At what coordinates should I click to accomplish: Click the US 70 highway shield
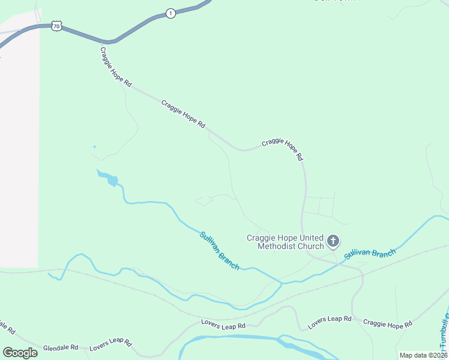coord(56,26)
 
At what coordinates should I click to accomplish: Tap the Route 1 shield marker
coord(171,13)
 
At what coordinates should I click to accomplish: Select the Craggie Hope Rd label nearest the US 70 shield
coord(115,68)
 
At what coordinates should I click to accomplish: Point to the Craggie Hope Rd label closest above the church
coord(282,150)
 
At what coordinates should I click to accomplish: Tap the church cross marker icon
coord(333,242)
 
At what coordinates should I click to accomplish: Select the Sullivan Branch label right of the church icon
coord(370,253)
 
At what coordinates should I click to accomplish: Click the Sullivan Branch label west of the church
coord(220,250)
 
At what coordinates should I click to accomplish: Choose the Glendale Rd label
coord(61,347)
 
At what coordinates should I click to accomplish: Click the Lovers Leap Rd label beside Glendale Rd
coord(110,344)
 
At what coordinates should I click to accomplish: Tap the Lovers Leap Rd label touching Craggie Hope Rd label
coord(330,322)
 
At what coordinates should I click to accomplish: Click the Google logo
coord(20,353)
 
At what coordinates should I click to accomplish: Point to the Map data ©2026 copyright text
coord(423,355)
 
